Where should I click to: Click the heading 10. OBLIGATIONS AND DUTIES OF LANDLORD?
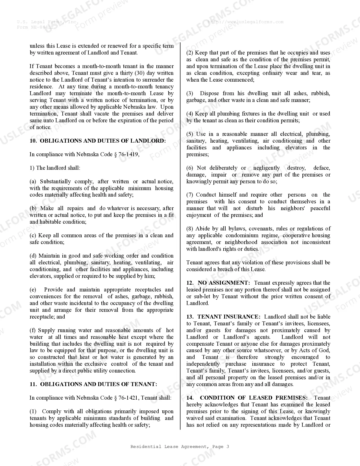click(98, 141)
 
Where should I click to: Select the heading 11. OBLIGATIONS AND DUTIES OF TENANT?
click(93, 384)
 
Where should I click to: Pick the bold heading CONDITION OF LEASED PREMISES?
click(254, 398)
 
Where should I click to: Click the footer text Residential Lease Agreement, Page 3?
click(180, 447)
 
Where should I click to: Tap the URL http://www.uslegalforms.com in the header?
click(245, 22)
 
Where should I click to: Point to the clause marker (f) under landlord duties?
click(33, 330)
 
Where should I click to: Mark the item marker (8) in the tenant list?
click(190, 228)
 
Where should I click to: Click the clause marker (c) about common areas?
click(33, 235)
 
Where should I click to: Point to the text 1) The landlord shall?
click(55, 168)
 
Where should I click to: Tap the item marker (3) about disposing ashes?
click(190, 93)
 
